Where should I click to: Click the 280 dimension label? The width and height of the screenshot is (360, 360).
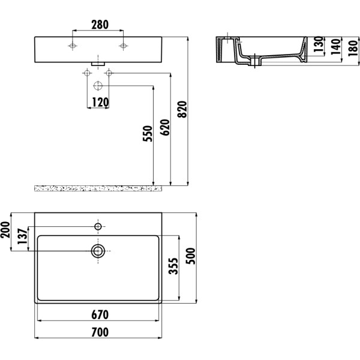coord(99,25)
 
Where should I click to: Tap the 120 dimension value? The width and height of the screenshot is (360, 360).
coord(100,103)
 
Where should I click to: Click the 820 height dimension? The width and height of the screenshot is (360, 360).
coord(183,108)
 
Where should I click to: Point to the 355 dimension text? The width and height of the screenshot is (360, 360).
coord(171,266)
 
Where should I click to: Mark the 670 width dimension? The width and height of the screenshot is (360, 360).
coord(100,314)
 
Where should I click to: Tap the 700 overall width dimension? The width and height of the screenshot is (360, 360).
coord(100,331)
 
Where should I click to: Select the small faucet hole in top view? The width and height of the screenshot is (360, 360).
coord(98,226)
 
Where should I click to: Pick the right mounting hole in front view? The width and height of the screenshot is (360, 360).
coord(124,46)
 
